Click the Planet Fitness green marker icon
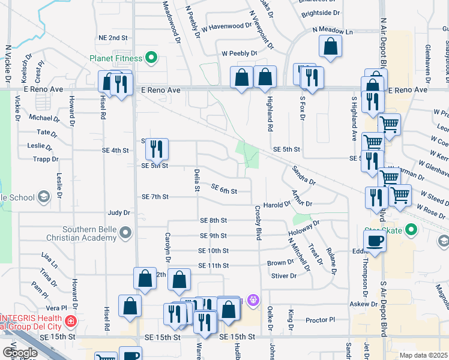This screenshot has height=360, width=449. [x=151, y=58]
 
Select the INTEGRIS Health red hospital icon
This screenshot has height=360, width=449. [x=71, y=322]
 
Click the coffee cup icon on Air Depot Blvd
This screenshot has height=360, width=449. [x=375, y=242]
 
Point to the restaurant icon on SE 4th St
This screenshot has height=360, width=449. [x=157, y=149]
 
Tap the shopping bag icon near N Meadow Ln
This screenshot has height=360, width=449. [x=331, y=47]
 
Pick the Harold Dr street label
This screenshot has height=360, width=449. [x=277, y=205]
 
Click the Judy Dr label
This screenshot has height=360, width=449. [x=118, y=212]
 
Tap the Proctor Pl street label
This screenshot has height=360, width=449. [x=319, y=320]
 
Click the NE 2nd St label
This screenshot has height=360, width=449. [x=113, y=37]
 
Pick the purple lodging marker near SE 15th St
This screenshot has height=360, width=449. [x=253, y=298]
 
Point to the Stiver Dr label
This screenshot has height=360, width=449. [x=284, y=276]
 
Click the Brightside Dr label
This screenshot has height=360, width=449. [x=321, y=12]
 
